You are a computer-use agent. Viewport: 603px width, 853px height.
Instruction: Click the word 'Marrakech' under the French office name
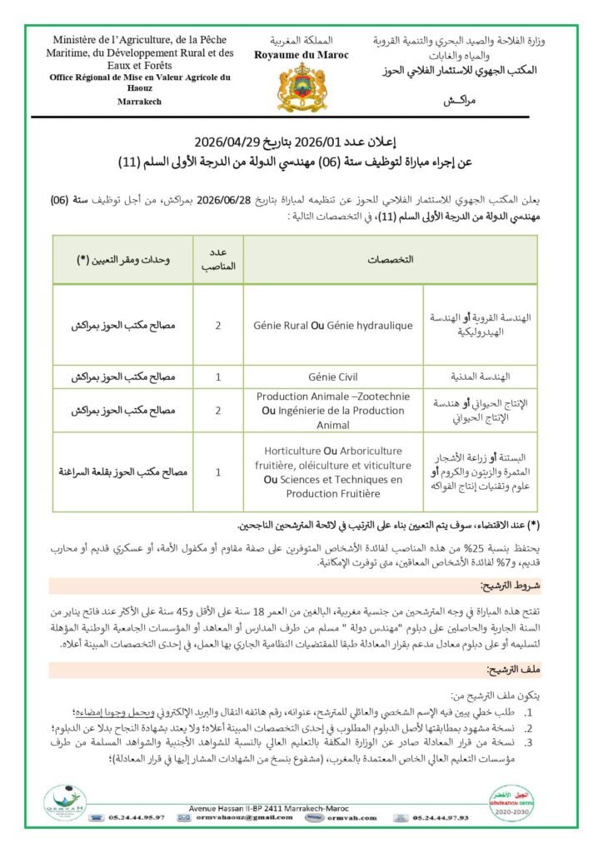140,102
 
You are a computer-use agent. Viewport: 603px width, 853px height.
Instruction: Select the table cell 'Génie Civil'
333,377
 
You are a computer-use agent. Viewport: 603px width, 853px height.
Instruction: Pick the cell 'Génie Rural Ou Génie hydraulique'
333,325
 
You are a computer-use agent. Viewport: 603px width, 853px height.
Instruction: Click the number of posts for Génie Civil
217,377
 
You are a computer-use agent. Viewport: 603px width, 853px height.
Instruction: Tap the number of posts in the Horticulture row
217,471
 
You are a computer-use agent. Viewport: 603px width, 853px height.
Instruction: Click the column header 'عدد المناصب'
217,259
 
